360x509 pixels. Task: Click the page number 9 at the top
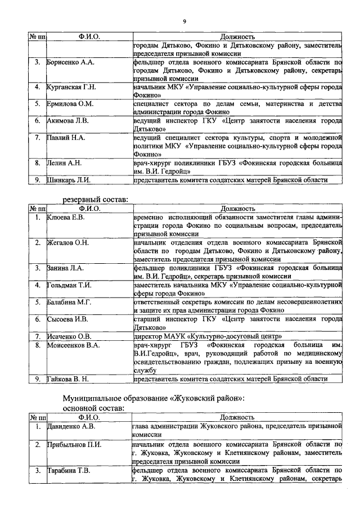[x=184, y=22]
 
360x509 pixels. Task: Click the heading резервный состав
[x=95, y=199]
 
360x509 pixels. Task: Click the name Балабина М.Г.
[x=69, y=302]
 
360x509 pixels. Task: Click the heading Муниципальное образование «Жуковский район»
[x=154, y=398]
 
